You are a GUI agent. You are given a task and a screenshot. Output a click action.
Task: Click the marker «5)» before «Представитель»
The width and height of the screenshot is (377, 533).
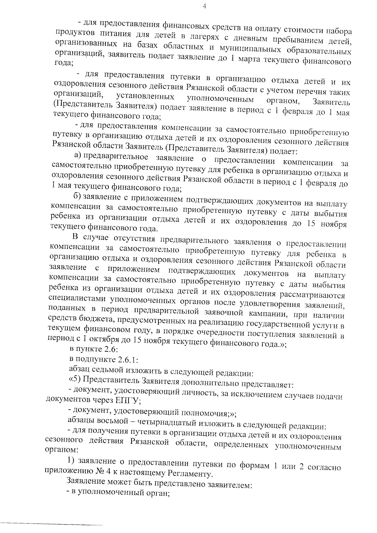click(76, 380)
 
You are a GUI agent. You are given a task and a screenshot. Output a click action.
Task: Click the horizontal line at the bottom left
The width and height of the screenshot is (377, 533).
click(52, 525)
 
